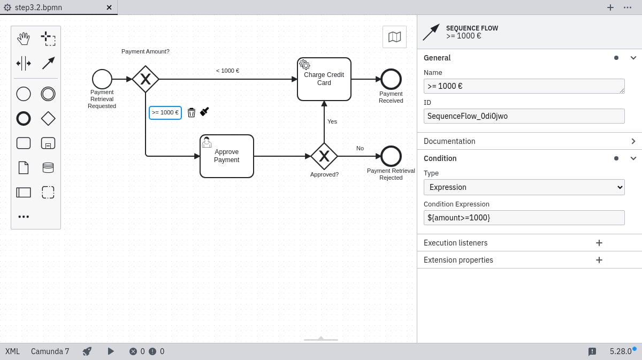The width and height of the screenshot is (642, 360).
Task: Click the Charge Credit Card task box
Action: coord(324,79)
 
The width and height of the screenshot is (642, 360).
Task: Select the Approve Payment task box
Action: coord(226,156)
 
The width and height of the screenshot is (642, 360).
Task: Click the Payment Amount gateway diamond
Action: coord(146,79)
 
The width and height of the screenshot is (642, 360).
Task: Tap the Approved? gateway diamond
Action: coord(324,156)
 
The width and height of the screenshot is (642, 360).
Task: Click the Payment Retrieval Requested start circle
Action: coord(102,79)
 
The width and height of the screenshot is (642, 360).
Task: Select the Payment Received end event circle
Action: coord(391,79)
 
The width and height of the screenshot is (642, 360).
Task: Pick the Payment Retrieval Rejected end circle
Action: coord(391,156)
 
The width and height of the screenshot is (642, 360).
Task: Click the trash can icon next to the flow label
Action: coord(191,112)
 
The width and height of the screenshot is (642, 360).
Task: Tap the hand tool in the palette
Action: coord(23,39)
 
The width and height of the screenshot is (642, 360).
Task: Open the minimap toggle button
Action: coord(394,37)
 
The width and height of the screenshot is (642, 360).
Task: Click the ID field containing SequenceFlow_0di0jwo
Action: coord(524,116)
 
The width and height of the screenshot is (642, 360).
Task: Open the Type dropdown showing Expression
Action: coord(524,187)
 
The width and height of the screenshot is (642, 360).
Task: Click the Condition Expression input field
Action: coord(524,218)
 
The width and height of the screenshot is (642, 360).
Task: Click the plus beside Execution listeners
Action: coord(599,243)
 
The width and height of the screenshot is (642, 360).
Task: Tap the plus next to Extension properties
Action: coord(599,260)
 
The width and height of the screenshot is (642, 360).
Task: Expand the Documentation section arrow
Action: coord(633,141)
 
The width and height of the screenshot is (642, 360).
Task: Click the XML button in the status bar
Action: coord(12,351)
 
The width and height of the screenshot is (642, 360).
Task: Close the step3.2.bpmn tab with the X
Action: coord(109,7)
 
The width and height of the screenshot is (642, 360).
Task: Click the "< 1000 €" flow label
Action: coord(227,71)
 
